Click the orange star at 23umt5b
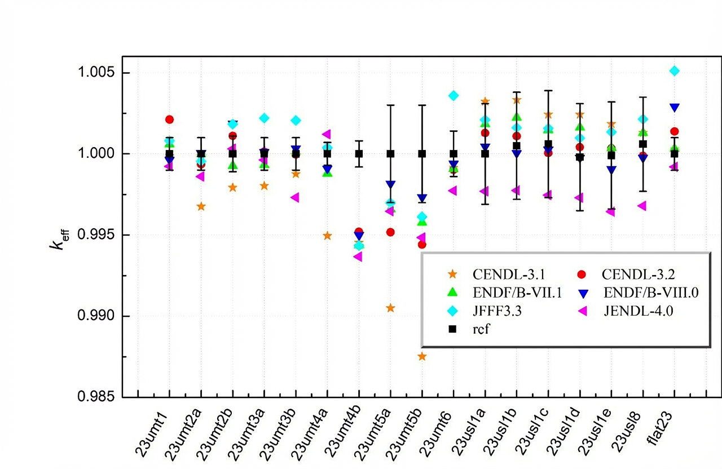[422, 356]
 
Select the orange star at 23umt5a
[390, 308]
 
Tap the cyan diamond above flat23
[674, 70]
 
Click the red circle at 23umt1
[169, 120]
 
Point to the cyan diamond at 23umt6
[454, 95]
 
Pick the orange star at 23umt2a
[201, 206]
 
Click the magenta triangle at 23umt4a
[327, 134]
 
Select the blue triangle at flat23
[674, 107]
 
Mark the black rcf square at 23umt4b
[359, 153]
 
